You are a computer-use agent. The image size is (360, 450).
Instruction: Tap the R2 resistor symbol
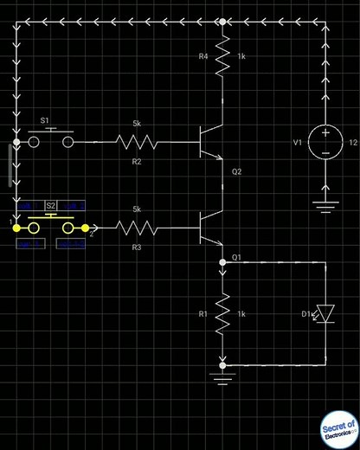click(x=137, y=140)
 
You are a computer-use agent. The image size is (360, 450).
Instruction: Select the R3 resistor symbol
click(x=137, y=228)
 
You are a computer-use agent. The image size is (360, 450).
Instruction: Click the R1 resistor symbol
click(x=223, y=312)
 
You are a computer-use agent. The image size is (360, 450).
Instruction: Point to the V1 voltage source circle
click(x=325, y=142)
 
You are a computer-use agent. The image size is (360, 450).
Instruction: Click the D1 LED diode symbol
click(x=326, y=312)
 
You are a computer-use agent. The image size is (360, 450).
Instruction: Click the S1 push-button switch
click(x=51, y=138)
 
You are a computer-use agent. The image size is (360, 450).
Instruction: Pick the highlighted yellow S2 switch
click(x=51, y=227)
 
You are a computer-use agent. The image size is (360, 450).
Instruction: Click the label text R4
click(x=204, y=56)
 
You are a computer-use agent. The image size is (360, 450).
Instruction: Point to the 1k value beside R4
click(x=242, y=56)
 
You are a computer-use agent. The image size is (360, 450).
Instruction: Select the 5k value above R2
click(x=137, y=123)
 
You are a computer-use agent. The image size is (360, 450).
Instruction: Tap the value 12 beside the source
click(x=352, y=142)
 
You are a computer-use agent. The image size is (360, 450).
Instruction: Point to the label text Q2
click(x=237, y=171)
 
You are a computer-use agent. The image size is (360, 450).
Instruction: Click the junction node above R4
click(x=223, y=21)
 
